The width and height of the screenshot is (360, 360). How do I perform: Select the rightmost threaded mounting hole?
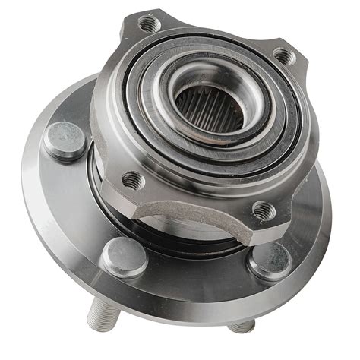[283, 55]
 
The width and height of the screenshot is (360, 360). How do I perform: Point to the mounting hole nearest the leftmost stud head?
[133, 179]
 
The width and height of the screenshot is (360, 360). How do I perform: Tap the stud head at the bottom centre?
[124, 257]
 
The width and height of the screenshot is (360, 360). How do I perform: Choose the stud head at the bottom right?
[269, 261]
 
